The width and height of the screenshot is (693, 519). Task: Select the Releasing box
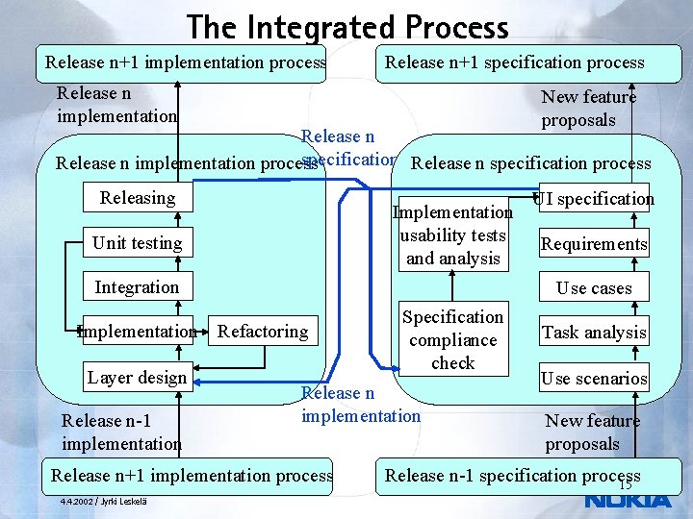point(137,198)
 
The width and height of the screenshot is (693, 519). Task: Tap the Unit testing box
point(137,243)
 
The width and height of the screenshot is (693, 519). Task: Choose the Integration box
point(137,287)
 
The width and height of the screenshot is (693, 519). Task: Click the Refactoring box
point(263,332)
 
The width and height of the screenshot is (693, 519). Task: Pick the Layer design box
point(137,377)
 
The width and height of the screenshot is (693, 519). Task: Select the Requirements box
point(594,244)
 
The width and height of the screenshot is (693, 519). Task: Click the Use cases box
point(594,288)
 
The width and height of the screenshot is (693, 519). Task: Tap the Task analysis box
point(594,333)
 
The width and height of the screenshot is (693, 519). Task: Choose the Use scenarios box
point(594,378)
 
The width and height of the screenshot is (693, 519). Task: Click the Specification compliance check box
point(452,339)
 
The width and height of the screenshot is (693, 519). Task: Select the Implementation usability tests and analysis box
point(452,235)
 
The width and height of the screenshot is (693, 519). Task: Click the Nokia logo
point(628,500)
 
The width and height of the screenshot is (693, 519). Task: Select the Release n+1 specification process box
point(515,62)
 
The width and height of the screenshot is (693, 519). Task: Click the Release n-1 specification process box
point(512,476)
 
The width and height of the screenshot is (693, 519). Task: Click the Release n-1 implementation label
point(120,432)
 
